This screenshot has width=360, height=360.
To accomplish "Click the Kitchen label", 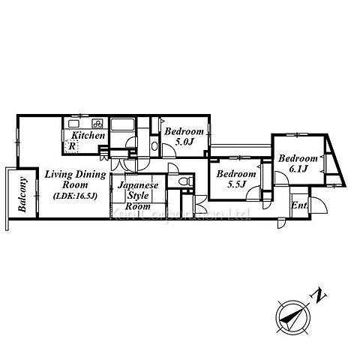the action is [88, 136].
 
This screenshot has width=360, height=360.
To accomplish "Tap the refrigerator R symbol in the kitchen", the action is [72, 146].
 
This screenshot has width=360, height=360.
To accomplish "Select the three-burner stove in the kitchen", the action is [97, 123].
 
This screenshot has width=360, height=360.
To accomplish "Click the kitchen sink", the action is [74, 124].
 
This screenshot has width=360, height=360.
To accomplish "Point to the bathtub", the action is [123, 124].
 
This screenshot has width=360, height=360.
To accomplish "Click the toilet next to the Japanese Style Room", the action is [187, 181].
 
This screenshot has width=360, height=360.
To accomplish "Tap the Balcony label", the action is [22, 194].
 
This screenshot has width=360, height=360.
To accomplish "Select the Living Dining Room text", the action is [75, 180].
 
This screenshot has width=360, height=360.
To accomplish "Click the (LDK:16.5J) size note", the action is [75, 196].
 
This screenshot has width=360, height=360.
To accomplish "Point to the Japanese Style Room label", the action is [138, 196].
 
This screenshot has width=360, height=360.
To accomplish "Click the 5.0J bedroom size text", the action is [184, 142].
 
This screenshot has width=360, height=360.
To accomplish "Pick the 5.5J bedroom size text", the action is [237, 184].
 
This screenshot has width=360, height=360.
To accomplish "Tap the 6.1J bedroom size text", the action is [298, 169].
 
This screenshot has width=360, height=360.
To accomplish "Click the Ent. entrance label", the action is [299, 205].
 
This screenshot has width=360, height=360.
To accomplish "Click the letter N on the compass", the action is [319, 296].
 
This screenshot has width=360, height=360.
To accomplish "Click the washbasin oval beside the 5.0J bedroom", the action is [154, 146].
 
